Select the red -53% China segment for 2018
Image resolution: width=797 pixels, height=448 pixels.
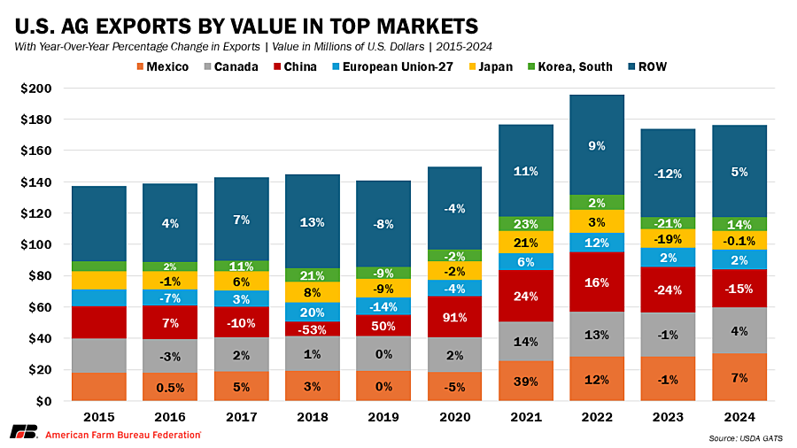click(313, 328)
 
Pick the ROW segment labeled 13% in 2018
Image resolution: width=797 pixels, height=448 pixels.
click(313, 221)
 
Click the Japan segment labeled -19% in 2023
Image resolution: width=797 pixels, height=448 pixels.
click(669, 239)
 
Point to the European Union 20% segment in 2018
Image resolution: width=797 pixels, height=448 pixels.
click(313, 313)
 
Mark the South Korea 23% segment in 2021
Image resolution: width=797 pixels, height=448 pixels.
click(526, 224)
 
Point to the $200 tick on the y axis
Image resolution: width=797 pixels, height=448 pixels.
click(36, 89)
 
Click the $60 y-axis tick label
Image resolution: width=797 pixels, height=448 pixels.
click(40, 307)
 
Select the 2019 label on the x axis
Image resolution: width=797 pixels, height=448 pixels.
click(383, 416)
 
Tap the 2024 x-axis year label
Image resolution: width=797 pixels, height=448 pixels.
click(739, 416)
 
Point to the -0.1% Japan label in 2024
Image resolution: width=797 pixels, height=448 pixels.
click(739, 240)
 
